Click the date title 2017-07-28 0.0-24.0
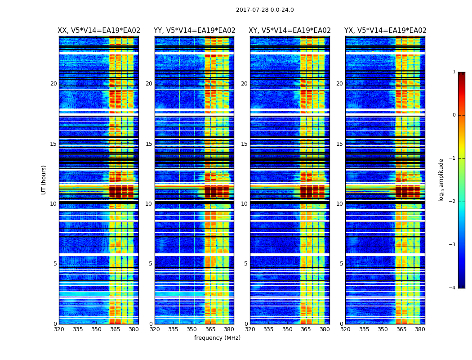265,10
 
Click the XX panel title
99,31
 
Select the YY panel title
194,31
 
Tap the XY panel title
290,31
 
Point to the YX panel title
385,31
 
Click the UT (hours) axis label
44,180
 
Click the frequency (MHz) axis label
217,338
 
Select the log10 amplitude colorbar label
441,180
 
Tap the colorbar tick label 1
454,72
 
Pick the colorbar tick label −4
453,288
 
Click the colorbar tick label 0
454,115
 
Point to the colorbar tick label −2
453,202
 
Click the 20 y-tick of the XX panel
53,84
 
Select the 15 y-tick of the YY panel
149,144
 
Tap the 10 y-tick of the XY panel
244,204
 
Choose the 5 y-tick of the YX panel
341,264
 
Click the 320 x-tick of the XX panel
59,329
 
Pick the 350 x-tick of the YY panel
192,329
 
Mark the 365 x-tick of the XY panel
306,329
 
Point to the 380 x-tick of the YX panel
420,329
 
